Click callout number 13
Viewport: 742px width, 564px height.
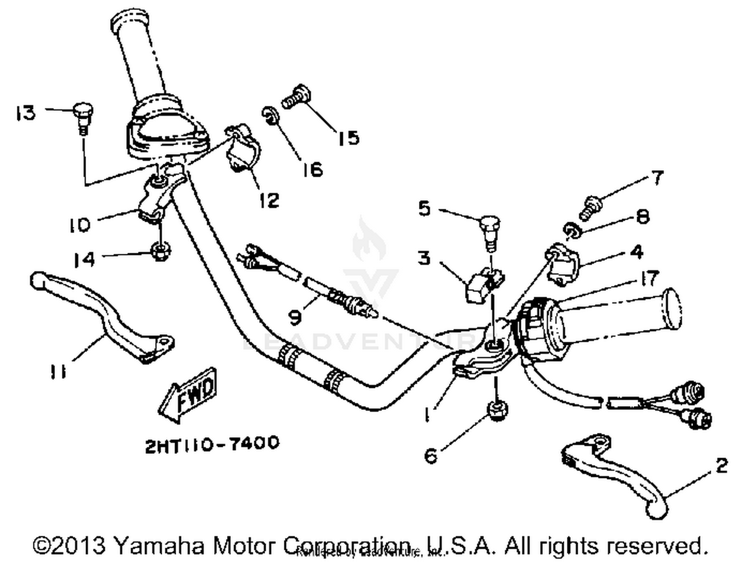click(x=26, y=113)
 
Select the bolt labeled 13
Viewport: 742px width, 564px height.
click(x=83, y=115)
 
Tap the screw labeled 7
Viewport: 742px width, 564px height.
click(x=591, y=206)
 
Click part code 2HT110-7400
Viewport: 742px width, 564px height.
click(x=212, y=444)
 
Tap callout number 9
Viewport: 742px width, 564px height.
click(x=295, y=317)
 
